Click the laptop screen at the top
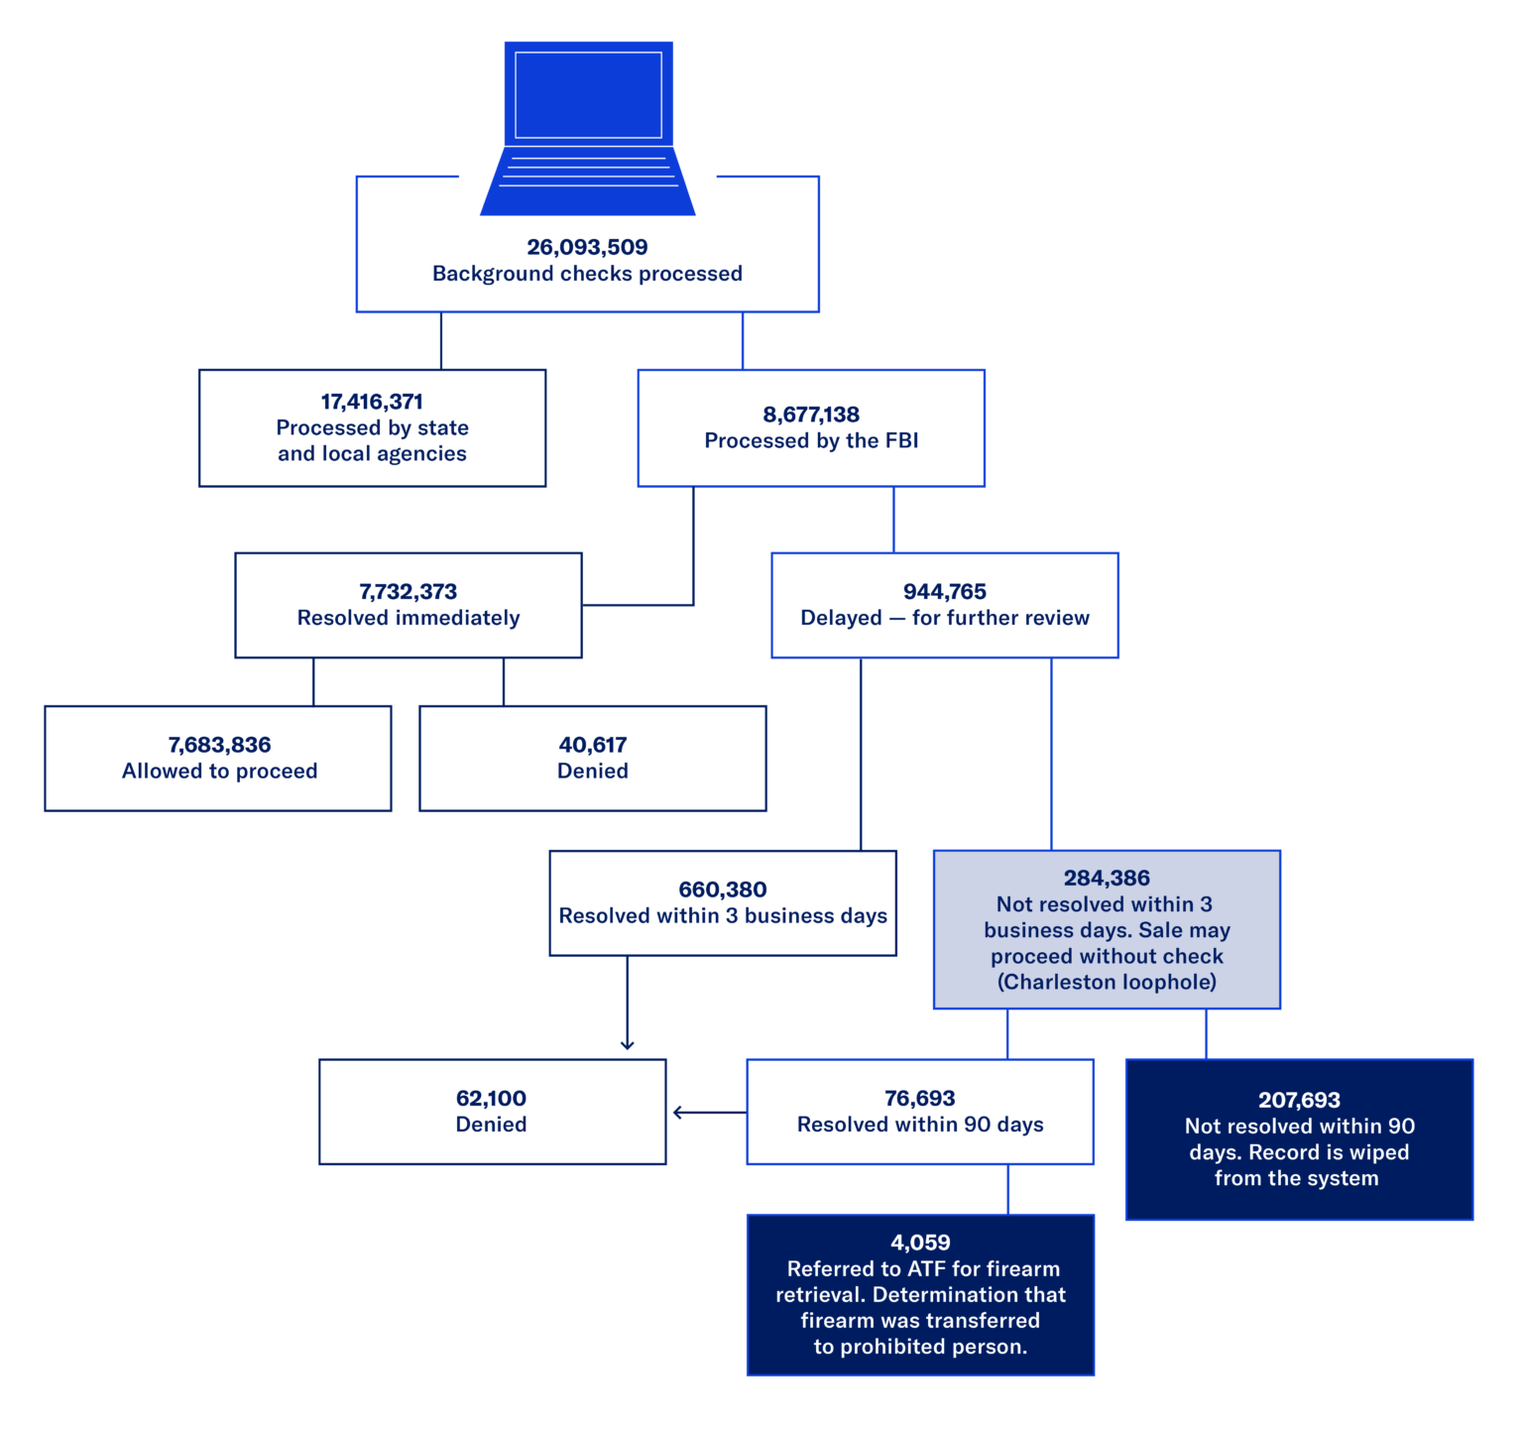(588, 95)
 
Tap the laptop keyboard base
(588, 181)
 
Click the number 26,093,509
(587, 247)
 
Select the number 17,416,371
(372, 402)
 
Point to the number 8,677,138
(811, 415)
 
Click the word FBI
(901, 440)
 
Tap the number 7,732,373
(408, 592)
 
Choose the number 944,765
(944, 592)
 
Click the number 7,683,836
(219, 745)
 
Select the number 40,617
(593, 745)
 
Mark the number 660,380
(723, 890)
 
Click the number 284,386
(1107, 878)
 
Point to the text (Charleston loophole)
(1107, 982)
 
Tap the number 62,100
(491, 1098)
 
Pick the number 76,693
(919, 1098)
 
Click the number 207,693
(1299, 1100)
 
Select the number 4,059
(920, 1243)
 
